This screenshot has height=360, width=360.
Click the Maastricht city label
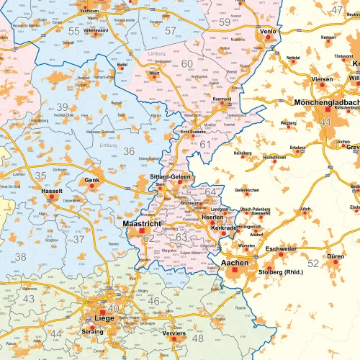pyautogui.click(x=146, y=225)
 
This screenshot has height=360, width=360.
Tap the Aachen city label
pyautogui.click(x=235, y=263)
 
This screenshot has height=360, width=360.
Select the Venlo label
pyautogui.click(x=268, y=32)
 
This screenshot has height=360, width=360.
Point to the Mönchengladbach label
pyautogui.click(x=327, y=103)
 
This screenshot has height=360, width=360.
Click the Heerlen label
pyautogui.click(x=213, y=217)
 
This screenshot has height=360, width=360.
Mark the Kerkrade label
pyautogui.click(x=224, y=228)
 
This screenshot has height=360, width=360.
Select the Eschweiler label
pyautogui.click(x=281, y=248)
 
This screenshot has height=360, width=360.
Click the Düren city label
pyautogui.click(x=335, y=256)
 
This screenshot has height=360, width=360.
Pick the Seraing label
pyautogui.click(x=91, y=332)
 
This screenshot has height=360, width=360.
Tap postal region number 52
pyautogui.click(x=312, y=264)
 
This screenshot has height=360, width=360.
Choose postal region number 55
pyautogui.click(x=74, y=31)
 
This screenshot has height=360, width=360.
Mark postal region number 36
pyautogui.click(x=129, y=151)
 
